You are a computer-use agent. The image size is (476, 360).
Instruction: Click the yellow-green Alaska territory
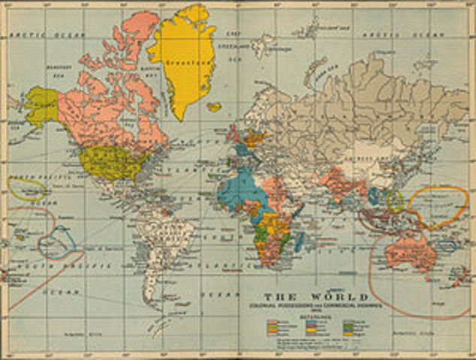click(41, 105)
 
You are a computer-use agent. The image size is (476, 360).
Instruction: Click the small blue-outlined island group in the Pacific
click(57, 241)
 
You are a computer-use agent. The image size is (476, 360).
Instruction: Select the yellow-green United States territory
click(110, 162)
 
